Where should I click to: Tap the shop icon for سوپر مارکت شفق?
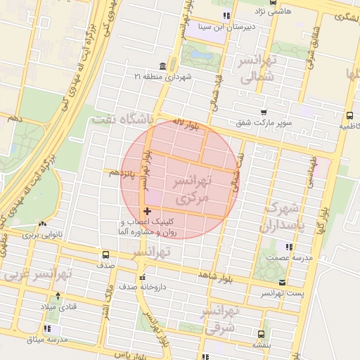click(263, 112)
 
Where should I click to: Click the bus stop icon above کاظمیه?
click(349, 116)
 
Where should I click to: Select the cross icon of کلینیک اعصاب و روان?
click(146, 211)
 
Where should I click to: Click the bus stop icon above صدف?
click(105, 255)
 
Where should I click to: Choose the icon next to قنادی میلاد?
click(57, 295)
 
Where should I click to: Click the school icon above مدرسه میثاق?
click(47, 328)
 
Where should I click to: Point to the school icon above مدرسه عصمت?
click(288, 247)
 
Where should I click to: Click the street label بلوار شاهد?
click(215, 274)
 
